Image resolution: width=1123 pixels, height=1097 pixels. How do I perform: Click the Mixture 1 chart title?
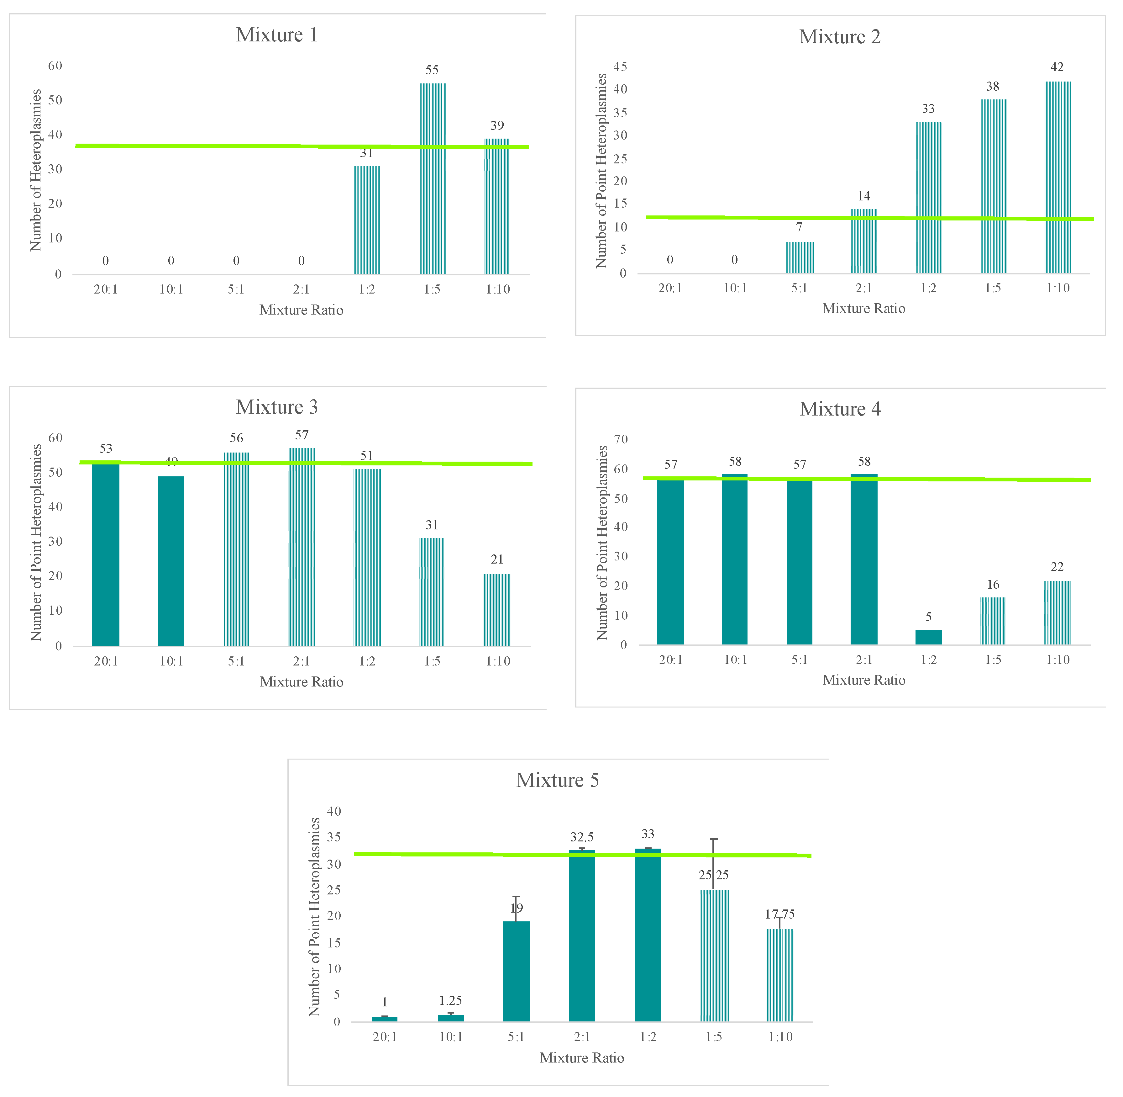pos(277,35)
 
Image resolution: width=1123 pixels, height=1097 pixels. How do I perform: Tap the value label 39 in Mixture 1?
pos(497,126)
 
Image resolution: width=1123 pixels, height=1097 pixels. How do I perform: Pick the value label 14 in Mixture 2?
pos(864,196)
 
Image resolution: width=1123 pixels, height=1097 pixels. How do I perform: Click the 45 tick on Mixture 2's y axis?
pos(620,67)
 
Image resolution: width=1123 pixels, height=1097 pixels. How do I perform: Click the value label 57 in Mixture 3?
pos(302,435)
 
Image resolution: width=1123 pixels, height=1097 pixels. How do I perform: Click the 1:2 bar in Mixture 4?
pos(928,637)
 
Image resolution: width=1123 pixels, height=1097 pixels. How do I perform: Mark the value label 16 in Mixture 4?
pos(994,584)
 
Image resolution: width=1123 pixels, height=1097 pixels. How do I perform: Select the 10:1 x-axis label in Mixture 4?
pos(735,660)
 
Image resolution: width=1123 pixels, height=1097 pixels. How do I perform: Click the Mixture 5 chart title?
pos(558,780)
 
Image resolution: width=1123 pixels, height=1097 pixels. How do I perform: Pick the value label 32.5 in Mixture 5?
pos(582,837)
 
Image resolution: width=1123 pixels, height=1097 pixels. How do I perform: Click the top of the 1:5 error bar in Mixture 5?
pos(714,840)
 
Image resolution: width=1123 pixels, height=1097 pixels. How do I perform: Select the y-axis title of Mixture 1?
pos(36,170)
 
